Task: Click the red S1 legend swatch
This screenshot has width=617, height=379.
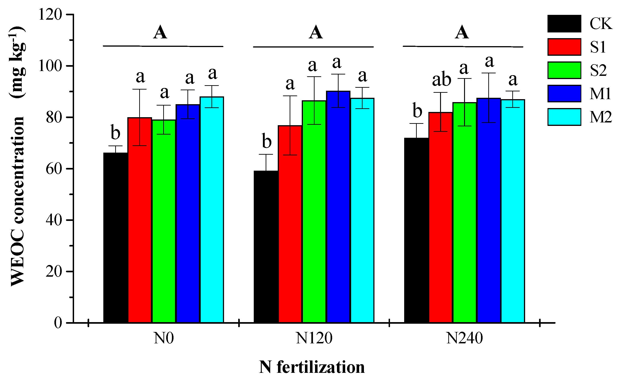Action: (564, 47)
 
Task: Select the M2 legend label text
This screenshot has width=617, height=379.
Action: (601, 117)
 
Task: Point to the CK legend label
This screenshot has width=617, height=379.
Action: (601, 24)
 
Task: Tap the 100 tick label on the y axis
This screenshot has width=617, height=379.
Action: (50, 66)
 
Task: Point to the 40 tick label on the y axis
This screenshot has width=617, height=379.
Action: (54, 220)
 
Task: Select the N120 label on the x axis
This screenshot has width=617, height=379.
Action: (314, 338)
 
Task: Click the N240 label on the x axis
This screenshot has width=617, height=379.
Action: (464, 338)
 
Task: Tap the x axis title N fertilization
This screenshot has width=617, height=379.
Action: (312, 367)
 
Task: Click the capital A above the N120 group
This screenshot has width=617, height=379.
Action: (315, 33)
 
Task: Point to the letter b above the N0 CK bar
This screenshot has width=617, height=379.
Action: (115, 133)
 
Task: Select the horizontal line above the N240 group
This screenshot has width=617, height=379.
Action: (463, 47)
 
